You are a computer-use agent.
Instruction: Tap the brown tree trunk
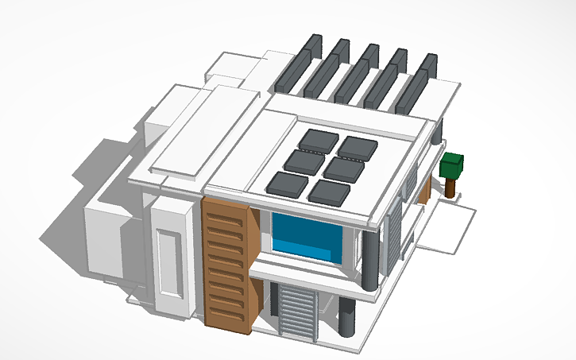451,188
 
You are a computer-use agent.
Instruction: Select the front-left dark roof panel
287,184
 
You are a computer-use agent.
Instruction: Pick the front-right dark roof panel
327,192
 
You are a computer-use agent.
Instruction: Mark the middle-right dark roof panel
342,168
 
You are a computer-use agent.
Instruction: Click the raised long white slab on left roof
203,131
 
